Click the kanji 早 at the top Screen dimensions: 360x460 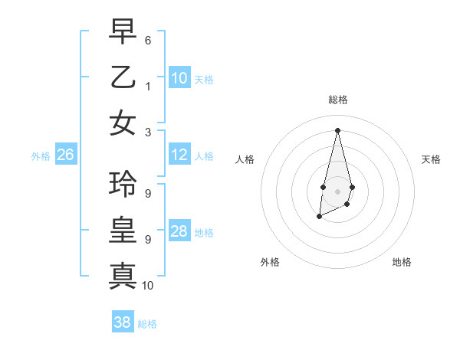point(123,34)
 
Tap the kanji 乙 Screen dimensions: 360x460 point(123,77)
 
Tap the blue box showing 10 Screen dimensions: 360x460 point(179,77)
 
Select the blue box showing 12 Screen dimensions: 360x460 point(179,155)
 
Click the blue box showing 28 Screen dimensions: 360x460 point(179,231)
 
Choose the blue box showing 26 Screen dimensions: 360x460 point(66,155)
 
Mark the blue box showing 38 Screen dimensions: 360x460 point(123,322)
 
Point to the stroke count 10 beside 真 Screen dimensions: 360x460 point(148,286)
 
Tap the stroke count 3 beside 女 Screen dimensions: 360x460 point(147,132)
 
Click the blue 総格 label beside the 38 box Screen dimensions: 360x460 point(147,324)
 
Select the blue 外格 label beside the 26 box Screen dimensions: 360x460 point(41,156)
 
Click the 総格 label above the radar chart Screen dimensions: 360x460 point(337,100)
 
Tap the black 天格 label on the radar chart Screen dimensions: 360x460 point(431,159)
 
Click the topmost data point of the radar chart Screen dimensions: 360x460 point(337,130)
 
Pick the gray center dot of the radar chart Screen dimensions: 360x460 point(337,191)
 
